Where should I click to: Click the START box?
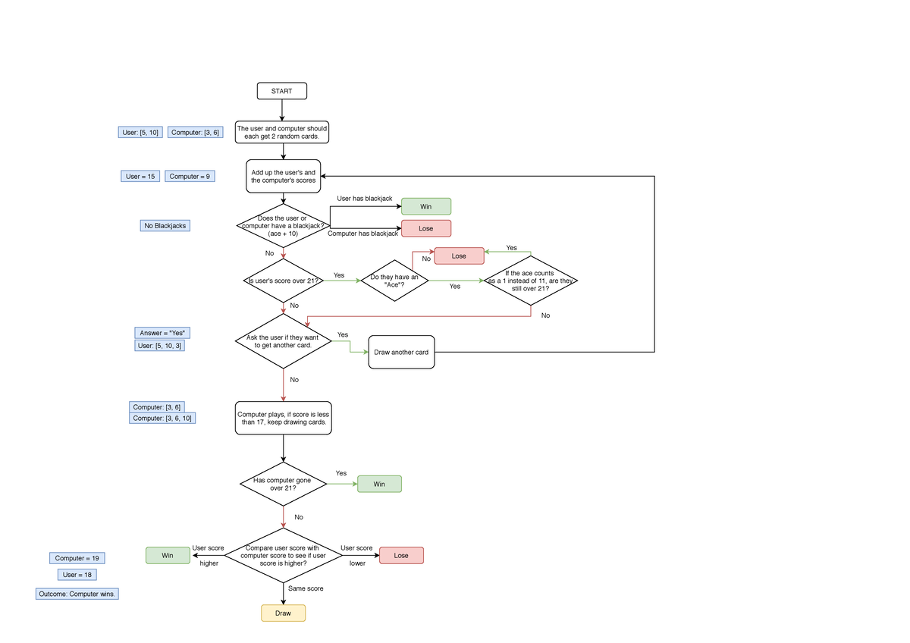click(x=282, y=91)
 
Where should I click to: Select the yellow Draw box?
click(x=283, y=613)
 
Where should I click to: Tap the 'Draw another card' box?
click(x=401, y=352)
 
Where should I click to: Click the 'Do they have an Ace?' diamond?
click(x=394, y=281)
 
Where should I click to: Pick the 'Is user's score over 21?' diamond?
click(x=283, y=281)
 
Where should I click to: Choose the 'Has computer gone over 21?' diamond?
click(x=283, y=484)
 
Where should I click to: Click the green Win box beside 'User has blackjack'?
click(x=425, y=206)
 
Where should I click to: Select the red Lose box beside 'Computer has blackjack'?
click(x=425, y=228)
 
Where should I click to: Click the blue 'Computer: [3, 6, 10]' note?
click(x=163, y=418)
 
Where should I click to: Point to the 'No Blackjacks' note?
click(x=165, y=225)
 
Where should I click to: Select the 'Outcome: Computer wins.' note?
click(x=77, y=594)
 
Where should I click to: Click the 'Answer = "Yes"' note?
click(x=163, y=333)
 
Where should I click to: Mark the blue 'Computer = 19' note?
click(x=77, y=558)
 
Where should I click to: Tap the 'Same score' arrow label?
click(x=306, y=588)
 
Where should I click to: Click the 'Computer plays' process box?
click(x=283, y=418)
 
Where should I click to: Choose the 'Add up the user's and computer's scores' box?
click(x=283, y=177)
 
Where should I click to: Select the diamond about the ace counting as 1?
click(x=531, y=281)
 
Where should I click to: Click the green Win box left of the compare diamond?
click(x=168, y=556)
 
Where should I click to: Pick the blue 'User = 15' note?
click(x=140, y=176)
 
